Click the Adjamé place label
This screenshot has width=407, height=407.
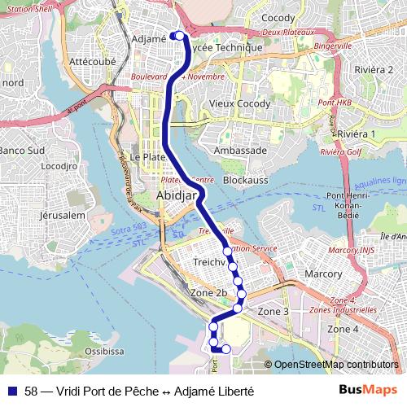149,38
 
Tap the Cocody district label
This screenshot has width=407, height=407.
278,18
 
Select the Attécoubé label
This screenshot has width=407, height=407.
94,61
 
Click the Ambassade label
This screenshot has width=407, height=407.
240,151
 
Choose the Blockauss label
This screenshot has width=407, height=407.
245,179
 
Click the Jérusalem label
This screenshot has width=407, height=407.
63,216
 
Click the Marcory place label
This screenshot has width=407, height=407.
323,274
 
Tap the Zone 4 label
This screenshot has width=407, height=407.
343,328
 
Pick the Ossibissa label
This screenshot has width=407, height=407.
104,351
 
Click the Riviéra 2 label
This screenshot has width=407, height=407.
374,69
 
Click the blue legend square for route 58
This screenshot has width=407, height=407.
13,392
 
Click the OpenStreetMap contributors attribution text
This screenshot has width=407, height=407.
336,365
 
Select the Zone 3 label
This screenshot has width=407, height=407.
274,312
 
